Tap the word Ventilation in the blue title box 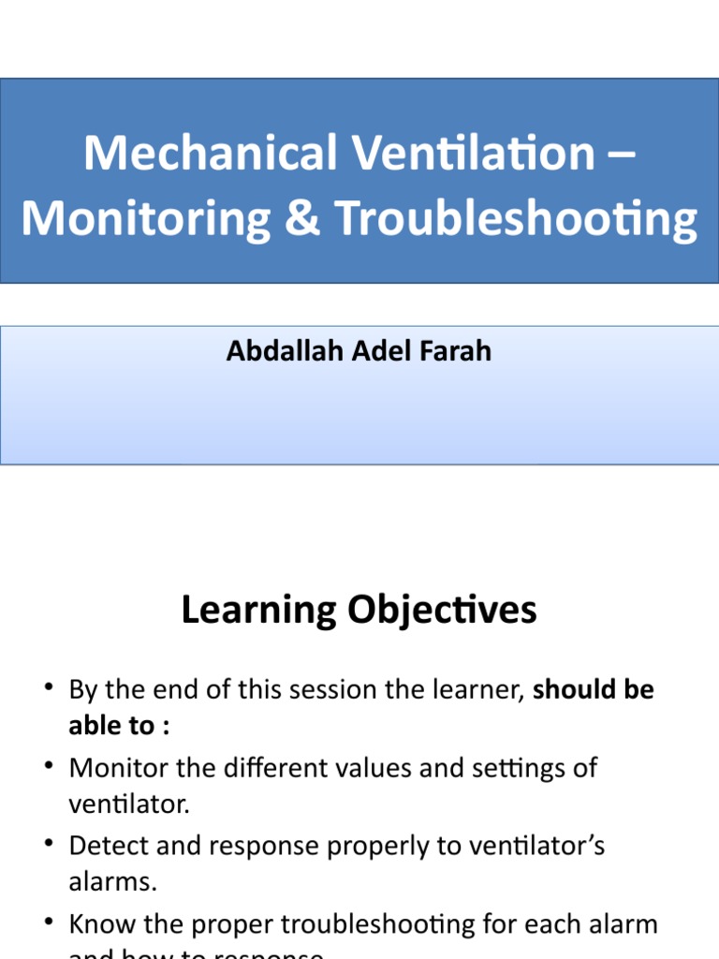tap(466, 153)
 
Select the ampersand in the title tap(306, 218)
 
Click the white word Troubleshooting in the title tap(517, 219)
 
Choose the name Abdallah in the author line tap(269, 351)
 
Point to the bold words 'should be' tap(594, 690)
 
